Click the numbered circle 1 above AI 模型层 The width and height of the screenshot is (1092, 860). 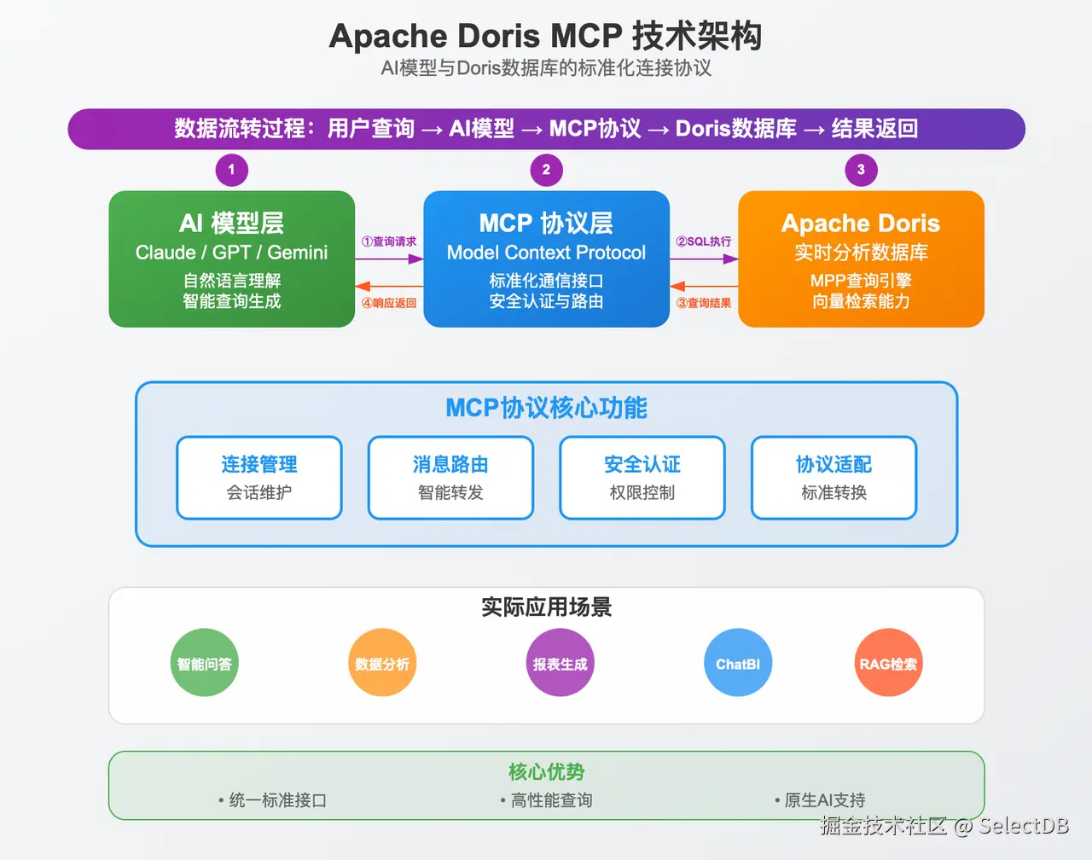231,170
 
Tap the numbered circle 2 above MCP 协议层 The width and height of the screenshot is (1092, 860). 546,170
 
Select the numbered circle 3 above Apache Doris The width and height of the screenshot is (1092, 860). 861,170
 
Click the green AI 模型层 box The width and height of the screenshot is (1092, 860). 231,259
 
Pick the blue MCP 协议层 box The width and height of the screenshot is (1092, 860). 546,259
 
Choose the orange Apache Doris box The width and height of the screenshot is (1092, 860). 861,259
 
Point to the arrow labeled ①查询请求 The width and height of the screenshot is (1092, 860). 389,259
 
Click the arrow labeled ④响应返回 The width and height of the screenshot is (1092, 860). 389,287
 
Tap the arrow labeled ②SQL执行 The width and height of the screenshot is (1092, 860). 704,259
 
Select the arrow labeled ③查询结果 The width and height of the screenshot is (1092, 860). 704,287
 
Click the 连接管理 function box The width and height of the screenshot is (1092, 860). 259,478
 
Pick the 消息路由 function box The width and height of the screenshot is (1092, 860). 450,478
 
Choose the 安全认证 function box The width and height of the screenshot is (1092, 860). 642,478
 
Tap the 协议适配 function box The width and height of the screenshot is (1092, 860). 834,478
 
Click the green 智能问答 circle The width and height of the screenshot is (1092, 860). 205,663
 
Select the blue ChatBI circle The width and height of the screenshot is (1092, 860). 738,663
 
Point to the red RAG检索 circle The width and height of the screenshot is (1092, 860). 888,663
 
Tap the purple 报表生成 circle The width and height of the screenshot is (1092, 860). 560,663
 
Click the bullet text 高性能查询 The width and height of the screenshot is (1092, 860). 551,800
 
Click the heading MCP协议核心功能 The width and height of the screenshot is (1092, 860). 546,408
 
